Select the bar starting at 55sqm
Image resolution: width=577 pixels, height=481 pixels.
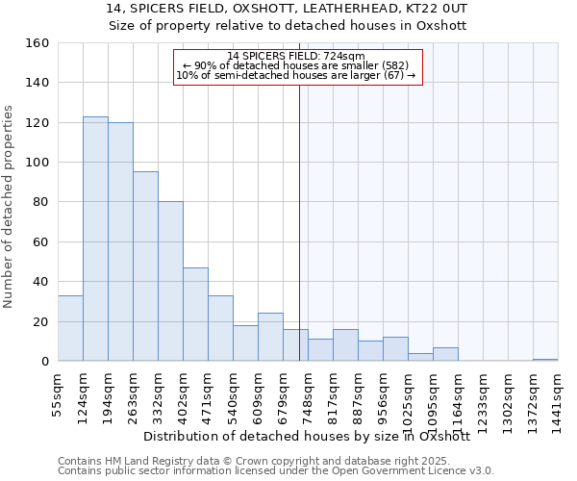tap(70, 328)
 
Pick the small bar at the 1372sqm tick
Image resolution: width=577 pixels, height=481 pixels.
tap(545, 360)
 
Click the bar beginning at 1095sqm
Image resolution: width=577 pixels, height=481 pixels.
tap(445, 354)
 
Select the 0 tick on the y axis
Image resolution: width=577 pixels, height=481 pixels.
tap(45, 362)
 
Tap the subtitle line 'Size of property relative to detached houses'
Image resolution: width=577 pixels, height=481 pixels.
tap(288, 26)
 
